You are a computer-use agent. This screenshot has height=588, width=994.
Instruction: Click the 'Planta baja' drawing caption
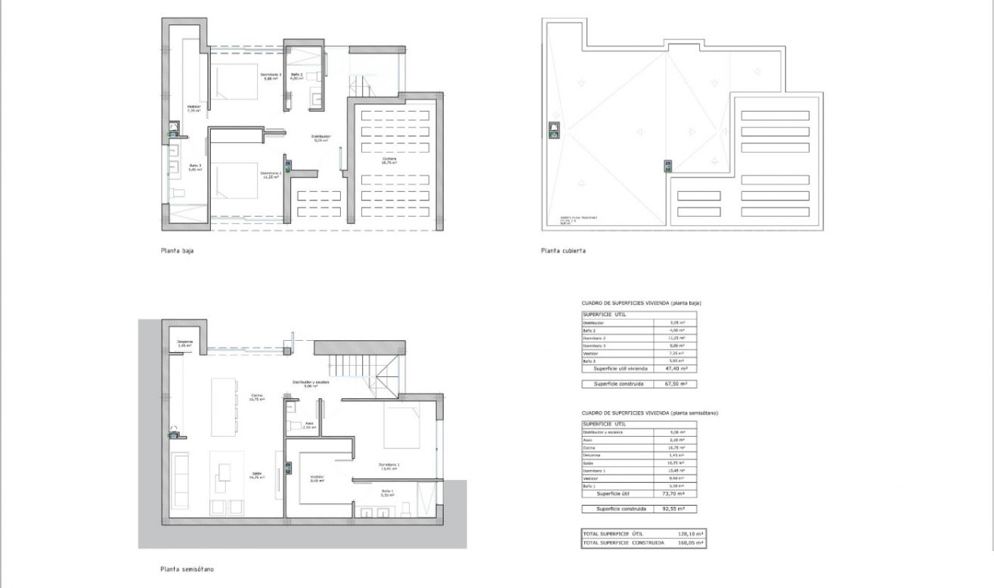pos(177,251)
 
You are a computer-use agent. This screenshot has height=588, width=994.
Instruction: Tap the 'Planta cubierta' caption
pos(562,251)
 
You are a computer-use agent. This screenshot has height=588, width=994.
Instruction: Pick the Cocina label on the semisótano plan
pos(256,397)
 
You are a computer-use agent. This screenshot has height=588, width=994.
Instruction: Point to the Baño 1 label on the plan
pos(387,493)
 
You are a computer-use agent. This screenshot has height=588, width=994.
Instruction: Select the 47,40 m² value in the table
pos(675,369)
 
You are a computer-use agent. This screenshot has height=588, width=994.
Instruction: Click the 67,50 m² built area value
pos(675,384)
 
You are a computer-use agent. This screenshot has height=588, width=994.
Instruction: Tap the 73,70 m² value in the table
pos(674,494)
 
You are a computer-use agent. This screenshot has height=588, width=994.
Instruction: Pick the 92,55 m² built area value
pos(674,509)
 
